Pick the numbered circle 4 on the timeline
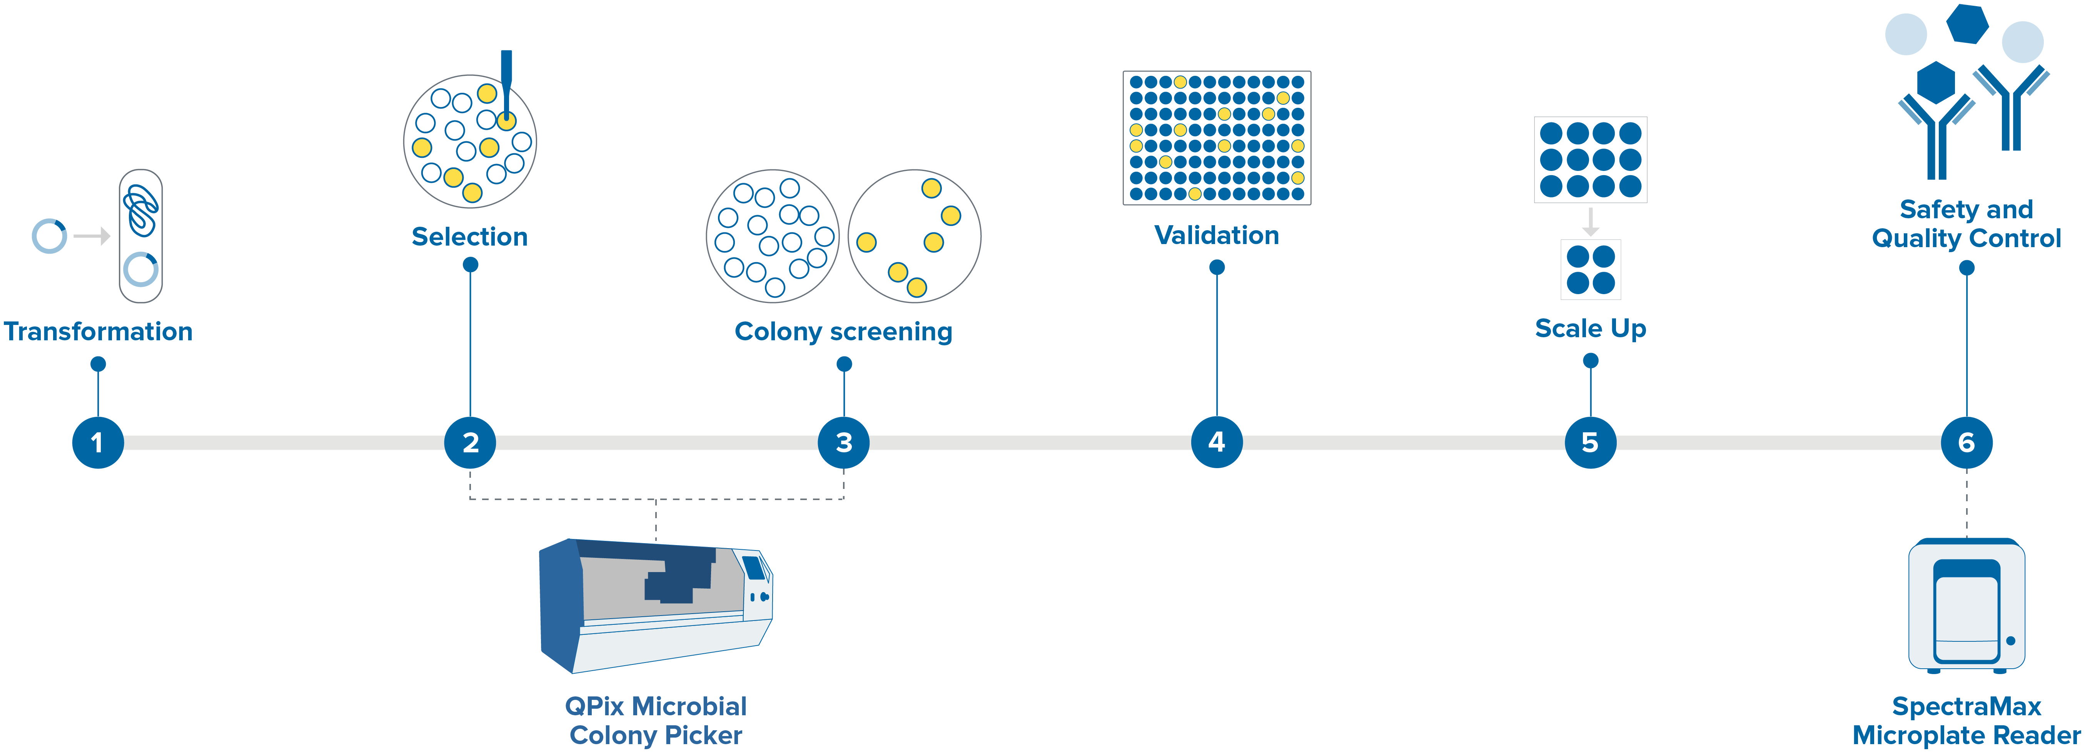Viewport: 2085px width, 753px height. coord(1217,442)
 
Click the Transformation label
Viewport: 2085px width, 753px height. coord(98,331)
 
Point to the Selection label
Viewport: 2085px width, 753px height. coord(469,236)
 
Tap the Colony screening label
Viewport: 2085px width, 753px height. coord(843,331)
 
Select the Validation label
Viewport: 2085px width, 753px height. coord(1217,235)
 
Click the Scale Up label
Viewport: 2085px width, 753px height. coord(1591,328)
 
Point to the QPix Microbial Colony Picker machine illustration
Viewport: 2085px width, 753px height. coord(656,606)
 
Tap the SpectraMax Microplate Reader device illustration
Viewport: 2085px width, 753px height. coord(1966,606)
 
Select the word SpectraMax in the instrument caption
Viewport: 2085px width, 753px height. coord(1966,706)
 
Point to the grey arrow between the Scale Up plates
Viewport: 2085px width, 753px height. coord(1591,221)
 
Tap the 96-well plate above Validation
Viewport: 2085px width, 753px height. coord(1217,138)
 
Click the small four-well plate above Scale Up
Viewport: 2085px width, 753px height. coord(1591,269)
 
